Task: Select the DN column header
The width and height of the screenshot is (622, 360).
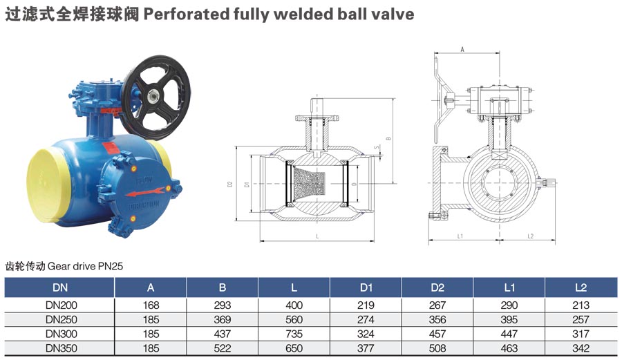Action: (59, 287)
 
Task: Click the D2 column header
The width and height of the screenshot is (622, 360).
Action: (437, 287)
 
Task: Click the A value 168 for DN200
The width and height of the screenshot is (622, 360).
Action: (151, 305)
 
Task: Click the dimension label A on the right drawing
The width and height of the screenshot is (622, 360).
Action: (462, 50)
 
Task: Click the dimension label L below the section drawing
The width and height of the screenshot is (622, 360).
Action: (317, 236)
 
